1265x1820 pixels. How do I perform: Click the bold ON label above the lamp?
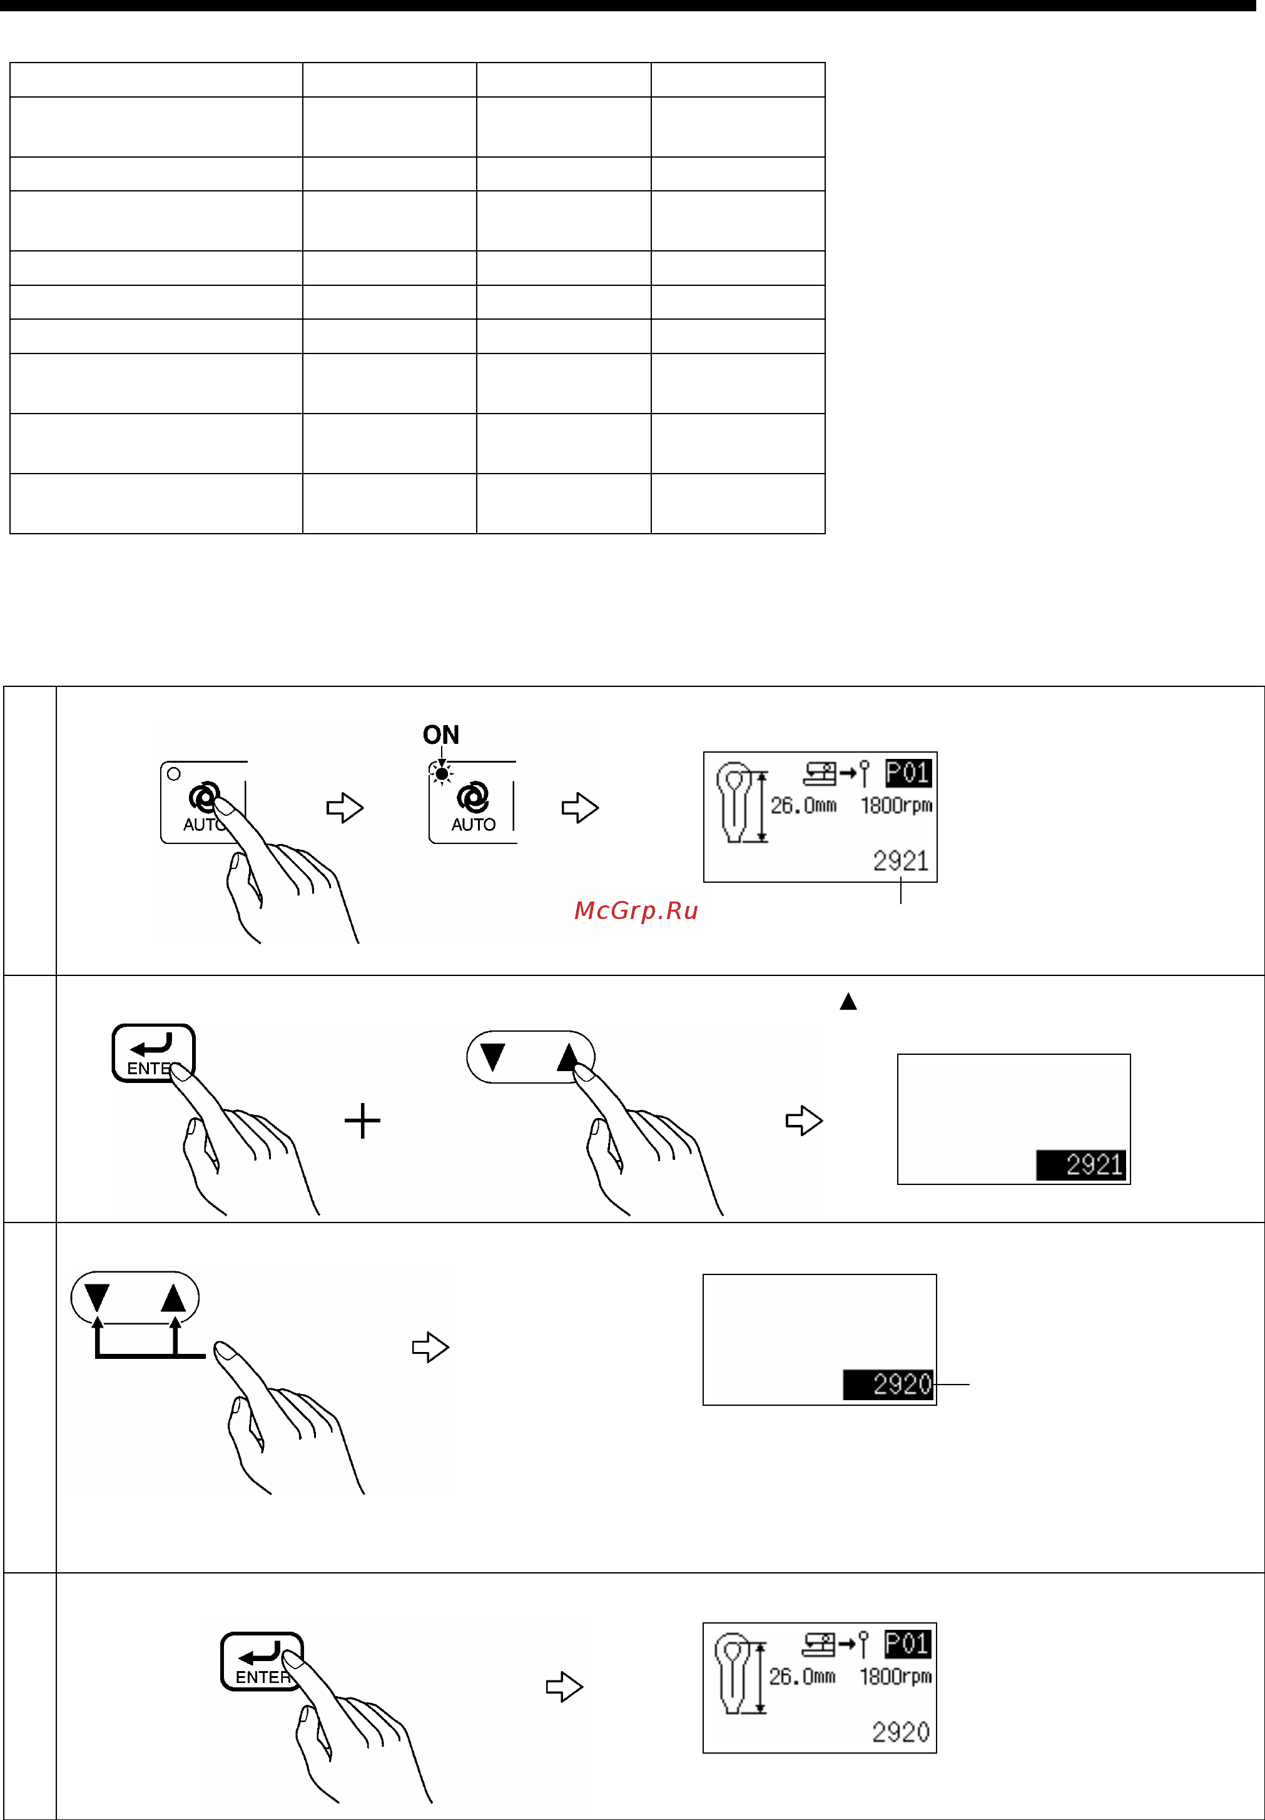pos(440,735)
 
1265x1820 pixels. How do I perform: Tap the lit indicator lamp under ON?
pos(442,773)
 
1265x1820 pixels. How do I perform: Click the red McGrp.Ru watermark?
pos(636,911)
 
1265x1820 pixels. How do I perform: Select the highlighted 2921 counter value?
pos(1082,1164)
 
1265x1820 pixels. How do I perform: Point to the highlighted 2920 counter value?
pos(888,1384)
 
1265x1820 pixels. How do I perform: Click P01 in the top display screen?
pos(908,773)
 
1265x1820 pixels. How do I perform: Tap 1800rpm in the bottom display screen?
pos(896,1677)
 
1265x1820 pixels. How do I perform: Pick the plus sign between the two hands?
pos(362,1121)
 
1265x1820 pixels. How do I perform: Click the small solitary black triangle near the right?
pos(848,1002)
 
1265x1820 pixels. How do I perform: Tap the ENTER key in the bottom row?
pos(262,1660)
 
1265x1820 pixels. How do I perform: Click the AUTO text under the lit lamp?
pos(473,825)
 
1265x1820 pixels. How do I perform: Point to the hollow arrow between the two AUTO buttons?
pos(345,808)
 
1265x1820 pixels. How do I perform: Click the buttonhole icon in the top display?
pos(734,802)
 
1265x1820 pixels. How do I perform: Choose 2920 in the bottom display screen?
pos(900,1732)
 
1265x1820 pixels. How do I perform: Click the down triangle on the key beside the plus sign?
pos(493,1057)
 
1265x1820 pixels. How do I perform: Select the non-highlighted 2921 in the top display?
pos(900,861)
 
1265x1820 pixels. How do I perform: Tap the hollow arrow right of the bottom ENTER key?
pos(564,1686)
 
